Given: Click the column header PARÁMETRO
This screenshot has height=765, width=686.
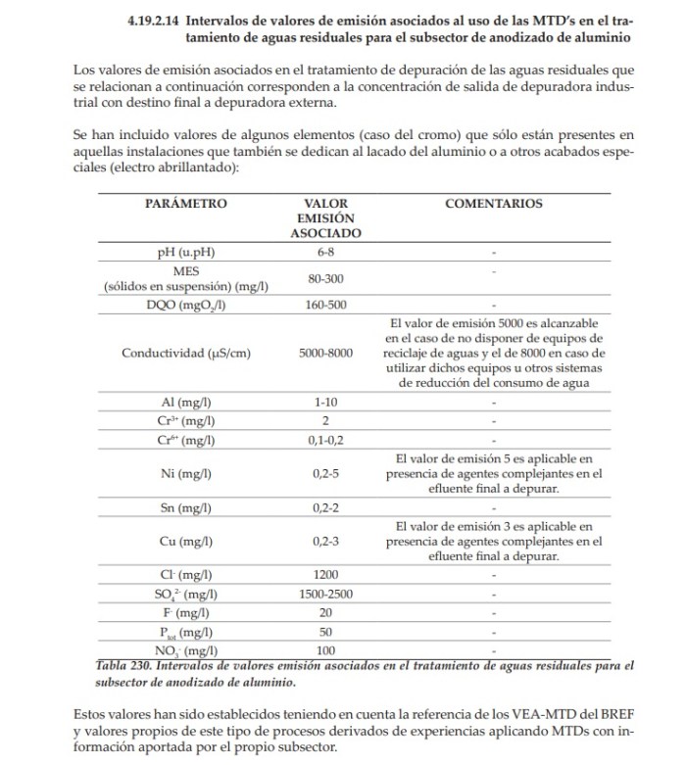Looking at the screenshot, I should tap(186, 204).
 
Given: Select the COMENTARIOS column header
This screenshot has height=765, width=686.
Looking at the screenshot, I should tap(493, 204).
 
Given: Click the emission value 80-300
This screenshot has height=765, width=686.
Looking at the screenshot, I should tap(326, 279).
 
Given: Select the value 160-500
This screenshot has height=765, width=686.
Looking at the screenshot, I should tap(326, 305).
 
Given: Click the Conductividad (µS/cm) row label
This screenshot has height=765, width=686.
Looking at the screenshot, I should tap(186, 353).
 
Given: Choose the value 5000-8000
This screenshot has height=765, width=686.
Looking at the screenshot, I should tap(326, 353).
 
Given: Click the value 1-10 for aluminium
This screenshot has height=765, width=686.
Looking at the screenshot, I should tap(326, 402).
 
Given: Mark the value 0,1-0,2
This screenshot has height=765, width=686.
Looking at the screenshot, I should tap(326, 440).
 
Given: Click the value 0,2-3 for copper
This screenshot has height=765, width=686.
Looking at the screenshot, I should tap(326, 541).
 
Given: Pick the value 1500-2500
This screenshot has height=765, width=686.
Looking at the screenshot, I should tap(326, 594).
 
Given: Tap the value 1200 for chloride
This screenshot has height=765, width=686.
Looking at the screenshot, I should tap(326, 575).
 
